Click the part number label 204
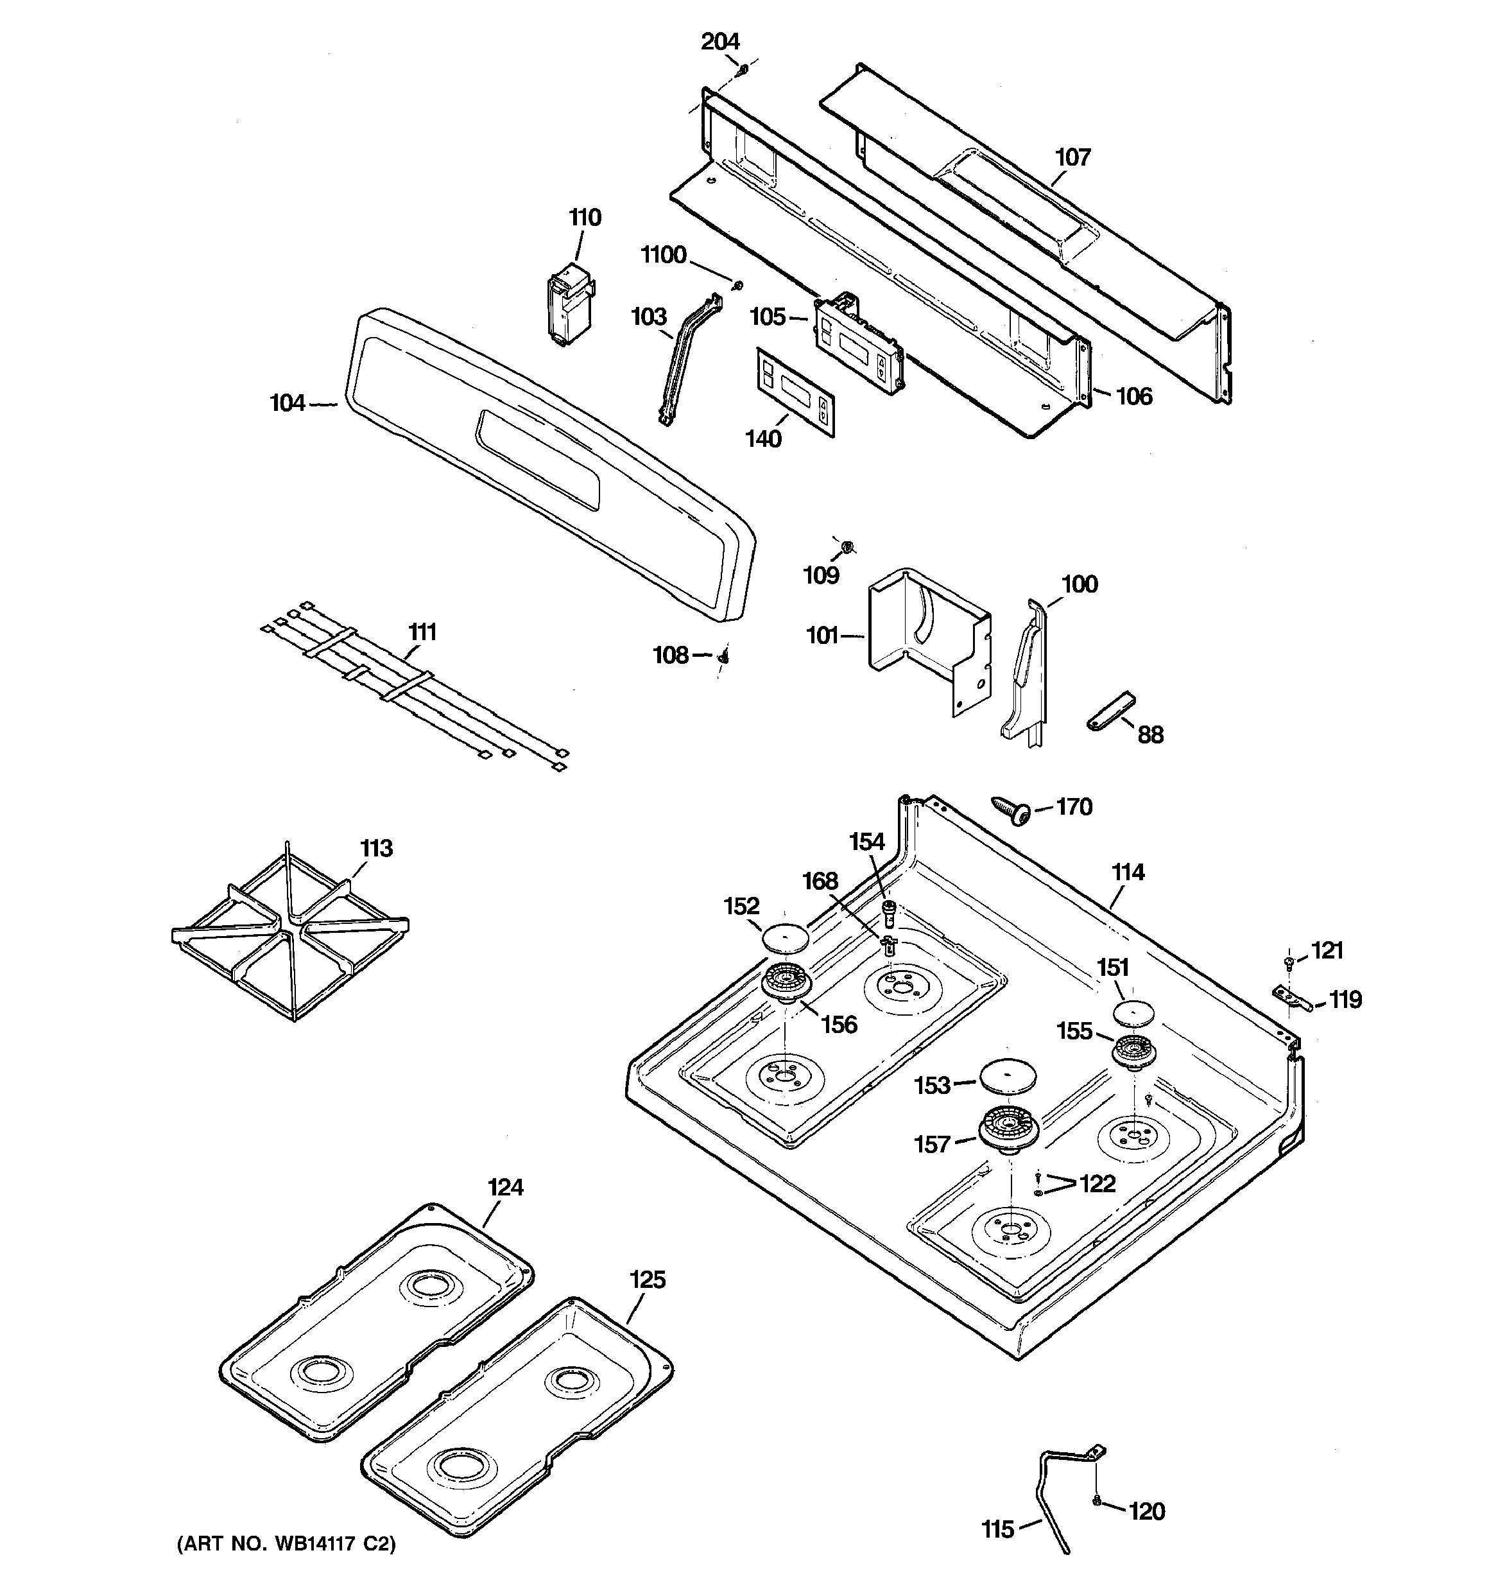(x=720, y=42)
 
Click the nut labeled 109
(x=848, y=548)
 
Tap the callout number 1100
(x=664, y=255)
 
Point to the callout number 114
(x=1128, y=872)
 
